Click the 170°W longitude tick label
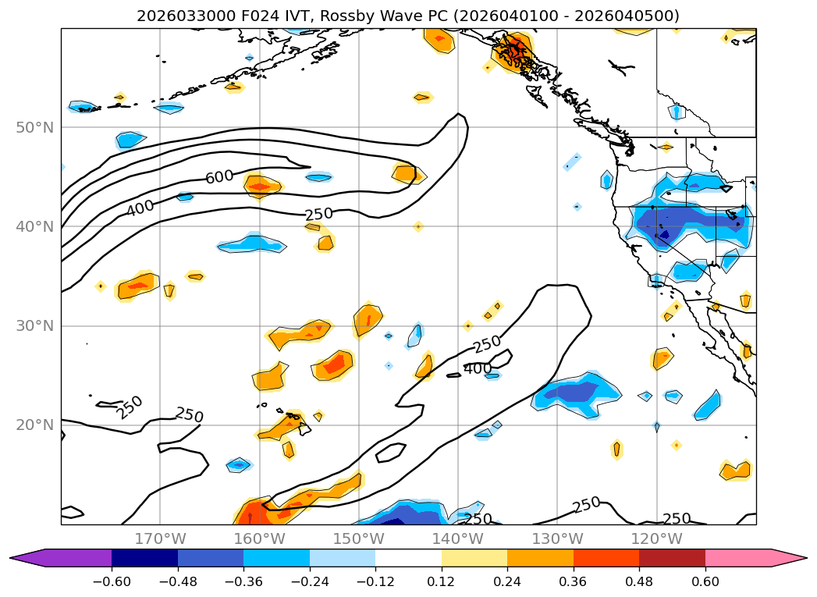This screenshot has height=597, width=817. point(160,538)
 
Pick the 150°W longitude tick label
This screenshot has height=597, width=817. point(358,538)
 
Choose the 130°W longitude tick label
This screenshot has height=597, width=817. point(557,538)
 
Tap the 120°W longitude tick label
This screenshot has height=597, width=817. point(656,538)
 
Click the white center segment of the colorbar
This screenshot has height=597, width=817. point(408,557)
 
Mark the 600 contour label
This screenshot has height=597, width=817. point(219,177)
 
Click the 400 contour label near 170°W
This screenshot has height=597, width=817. point(140,208)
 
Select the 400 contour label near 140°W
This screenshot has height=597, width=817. point(478,368)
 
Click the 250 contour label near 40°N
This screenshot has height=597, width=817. point(319,215)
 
